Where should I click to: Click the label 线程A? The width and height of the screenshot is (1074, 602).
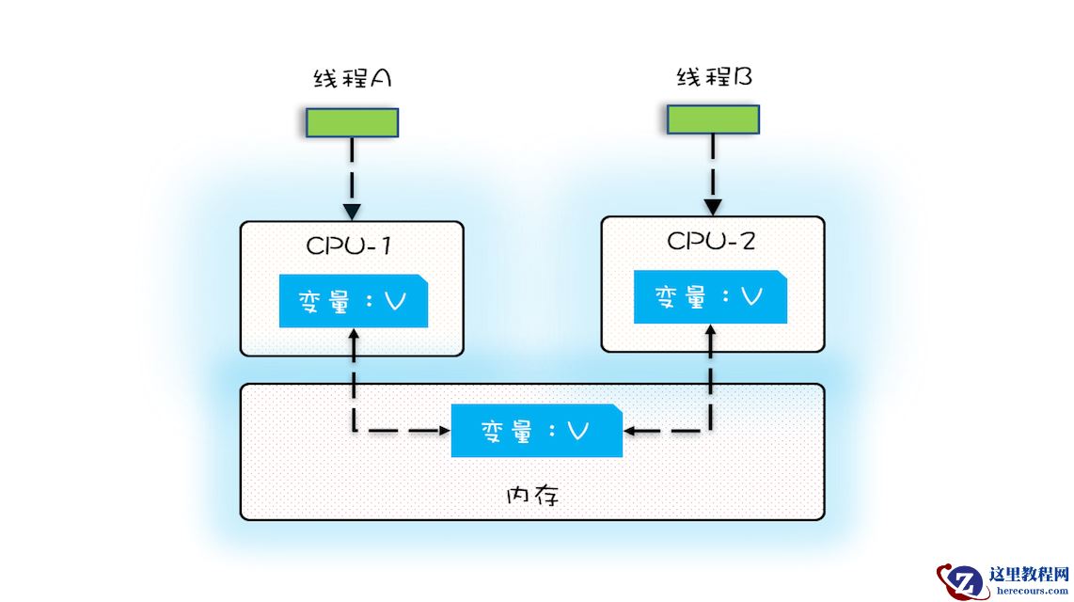click(352, 79)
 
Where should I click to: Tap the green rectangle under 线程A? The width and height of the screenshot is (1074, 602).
click(352, 122)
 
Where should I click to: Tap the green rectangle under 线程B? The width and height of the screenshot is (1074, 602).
click(713, 119)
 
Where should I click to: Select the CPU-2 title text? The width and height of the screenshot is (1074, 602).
click(711, 241)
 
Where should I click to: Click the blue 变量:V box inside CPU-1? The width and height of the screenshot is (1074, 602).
click(354, 302)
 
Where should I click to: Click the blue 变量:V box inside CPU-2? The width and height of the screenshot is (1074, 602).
click(710, 297)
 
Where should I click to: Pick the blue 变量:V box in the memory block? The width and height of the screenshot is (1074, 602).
click(536, 431)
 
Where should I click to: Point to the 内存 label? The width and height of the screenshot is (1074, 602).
click(532, 495)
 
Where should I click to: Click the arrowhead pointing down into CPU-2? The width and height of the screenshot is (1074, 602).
click(713, 206)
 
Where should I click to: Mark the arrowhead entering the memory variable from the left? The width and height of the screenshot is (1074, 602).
click(442, 432)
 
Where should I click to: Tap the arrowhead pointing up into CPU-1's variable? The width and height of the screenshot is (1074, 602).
click(353, 333)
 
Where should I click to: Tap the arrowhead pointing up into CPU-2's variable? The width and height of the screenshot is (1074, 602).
click(710, 329)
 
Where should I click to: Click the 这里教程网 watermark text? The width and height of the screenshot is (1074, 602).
click(1030, 574)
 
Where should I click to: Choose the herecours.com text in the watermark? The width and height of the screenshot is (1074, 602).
click(1030, 590)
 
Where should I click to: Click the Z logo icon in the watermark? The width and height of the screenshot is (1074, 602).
click(962, 580)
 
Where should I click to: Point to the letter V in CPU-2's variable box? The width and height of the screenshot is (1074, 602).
click(751, 297)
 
